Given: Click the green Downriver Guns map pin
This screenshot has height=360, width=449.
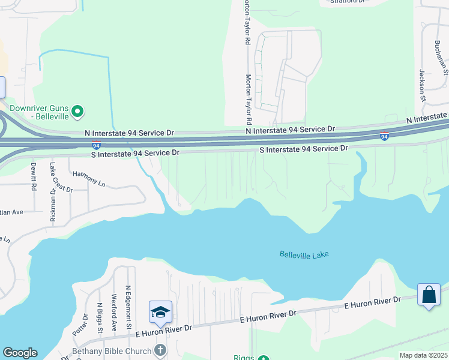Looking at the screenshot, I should point(77,111).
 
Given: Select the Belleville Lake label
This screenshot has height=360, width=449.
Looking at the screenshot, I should point(304,254).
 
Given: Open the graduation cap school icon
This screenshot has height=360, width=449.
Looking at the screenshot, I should point(160,311).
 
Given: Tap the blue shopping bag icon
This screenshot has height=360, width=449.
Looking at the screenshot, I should point(429,295).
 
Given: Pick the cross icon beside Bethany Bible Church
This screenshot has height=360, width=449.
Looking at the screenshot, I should point(160,349).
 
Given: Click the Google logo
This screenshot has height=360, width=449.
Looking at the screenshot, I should point(20,353).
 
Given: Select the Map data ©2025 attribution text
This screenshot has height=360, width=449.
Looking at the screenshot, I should point(423,355).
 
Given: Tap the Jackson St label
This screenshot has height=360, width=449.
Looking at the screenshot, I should point(422,85).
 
